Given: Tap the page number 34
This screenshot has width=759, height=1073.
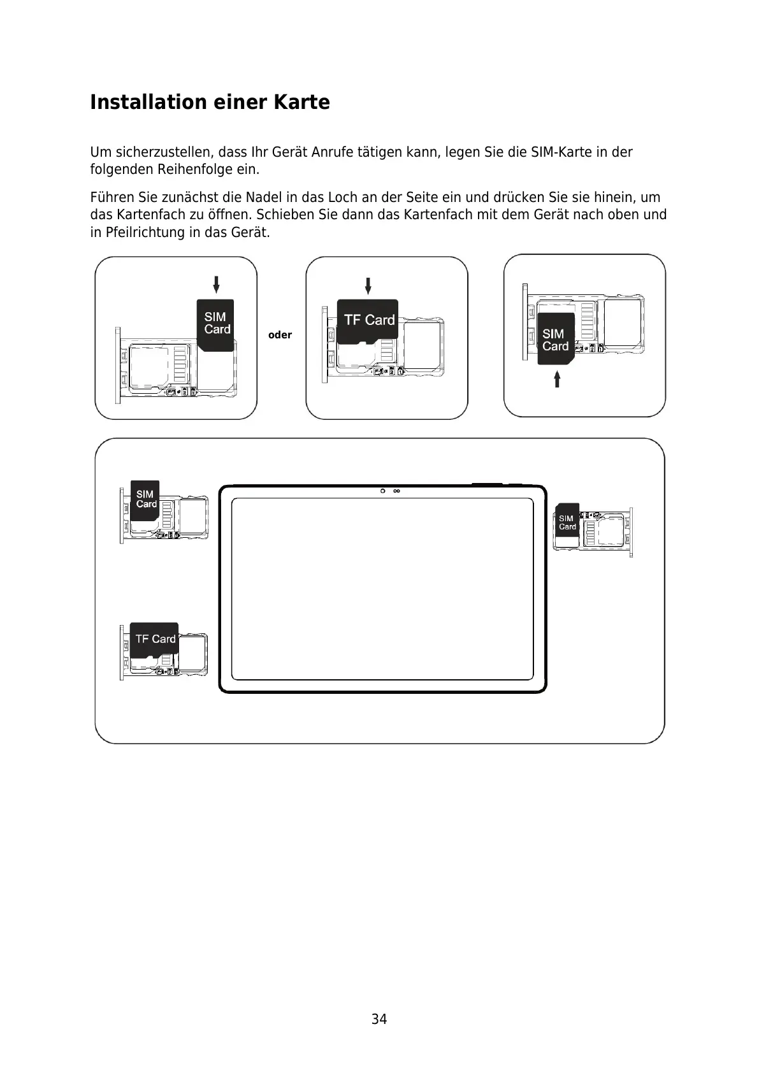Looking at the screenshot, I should coord(379,1019).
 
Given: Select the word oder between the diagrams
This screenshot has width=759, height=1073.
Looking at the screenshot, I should coord(280,335).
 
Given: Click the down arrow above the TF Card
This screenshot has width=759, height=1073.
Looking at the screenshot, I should coord(368,285).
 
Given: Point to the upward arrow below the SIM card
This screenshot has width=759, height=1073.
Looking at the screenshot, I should coord(557,379).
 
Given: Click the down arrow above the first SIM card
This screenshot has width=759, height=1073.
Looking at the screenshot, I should coord(216,284).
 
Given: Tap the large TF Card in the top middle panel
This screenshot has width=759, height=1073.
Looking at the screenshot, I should coord(368,320).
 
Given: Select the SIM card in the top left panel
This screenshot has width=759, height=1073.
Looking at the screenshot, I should coord(216,324).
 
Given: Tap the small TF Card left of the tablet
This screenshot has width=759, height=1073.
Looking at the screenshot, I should coord(154,639).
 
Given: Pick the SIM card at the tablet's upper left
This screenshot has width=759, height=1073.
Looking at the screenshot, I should coord(145,500).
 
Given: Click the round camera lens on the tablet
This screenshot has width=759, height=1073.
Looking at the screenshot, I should coord(383,491).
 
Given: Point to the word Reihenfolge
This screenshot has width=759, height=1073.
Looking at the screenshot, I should coord(195,169).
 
